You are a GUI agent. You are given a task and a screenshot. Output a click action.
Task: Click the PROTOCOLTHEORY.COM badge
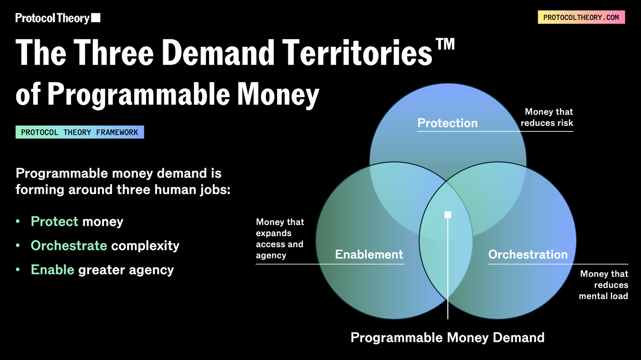(x=581, y=17)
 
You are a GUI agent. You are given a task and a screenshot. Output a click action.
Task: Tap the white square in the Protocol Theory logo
(x=96, y=18)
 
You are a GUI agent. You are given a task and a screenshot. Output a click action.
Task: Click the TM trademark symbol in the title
(x=445, y=44)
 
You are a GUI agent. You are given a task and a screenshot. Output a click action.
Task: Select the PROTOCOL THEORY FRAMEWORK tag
(x=80, y=132)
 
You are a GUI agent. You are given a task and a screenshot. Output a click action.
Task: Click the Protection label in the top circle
(x=448, y=123)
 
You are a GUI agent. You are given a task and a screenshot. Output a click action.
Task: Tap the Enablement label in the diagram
(x=369, y=254)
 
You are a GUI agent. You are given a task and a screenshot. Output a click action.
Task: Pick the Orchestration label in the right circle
(x=528, y=254)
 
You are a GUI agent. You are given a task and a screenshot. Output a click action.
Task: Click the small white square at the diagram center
(x=448, y=215)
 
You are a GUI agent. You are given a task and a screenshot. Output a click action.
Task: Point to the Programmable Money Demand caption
(x=448, y=338)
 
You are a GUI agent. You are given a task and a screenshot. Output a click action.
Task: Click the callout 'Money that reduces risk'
(x=547, y=118)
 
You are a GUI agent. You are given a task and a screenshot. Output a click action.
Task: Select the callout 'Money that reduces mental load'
(x=604, y=285)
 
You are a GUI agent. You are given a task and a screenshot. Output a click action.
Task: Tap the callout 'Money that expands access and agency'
(x=280, y=239)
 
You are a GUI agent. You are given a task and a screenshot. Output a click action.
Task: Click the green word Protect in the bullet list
(x=54, y=221)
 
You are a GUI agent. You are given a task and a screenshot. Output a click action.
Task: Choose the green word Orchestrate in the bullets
(x=69, y=246)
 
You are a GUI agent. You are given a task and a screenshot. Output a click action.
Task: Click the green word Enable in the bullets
(x=53, y=270)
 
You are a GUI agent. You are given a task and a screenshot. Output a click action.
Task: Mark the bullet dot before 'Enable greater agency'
(x=18, y=270)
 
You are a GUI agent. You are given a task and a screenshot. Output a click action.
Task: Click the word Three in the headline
(x=114, y=53)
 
